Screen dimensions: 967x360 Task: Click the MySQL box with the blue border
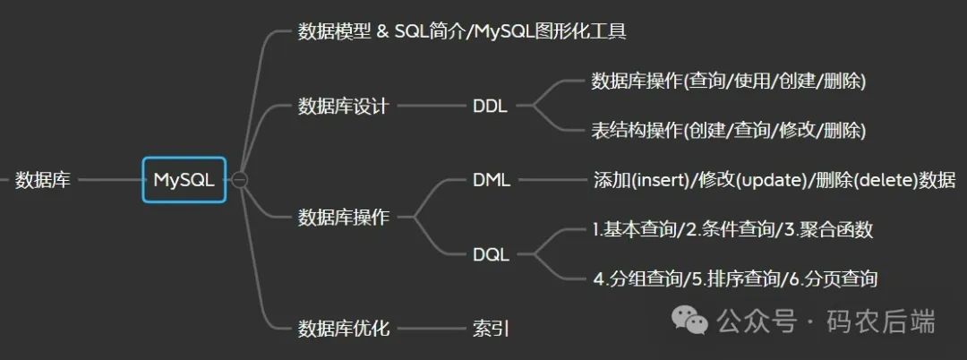click(x=184, y=180)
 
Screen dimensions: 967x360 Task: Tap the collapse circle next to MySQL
click(x=239, y=180)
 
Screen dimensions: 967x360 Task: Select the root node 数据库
click(x=42, y=180)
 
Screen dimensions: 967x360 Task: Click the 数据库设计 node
click(x=343, y=106)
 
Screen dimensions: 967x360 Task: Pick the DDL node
click(x=490, y=106)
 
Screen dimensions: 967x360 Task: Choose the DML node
click(x=492, y=179)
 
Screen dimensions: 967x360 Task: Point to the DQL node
click(x=491, y=254)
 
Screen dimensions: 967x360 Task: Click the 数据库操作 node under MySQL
click(x=343, y=217)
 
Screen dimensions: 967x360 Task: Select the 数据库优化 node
click(x=343, y=328)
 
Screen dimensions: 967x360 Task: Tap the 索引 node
click(x=490, y=328)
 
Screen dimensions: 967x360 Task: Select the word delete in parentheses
click(x=882, y=179)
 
